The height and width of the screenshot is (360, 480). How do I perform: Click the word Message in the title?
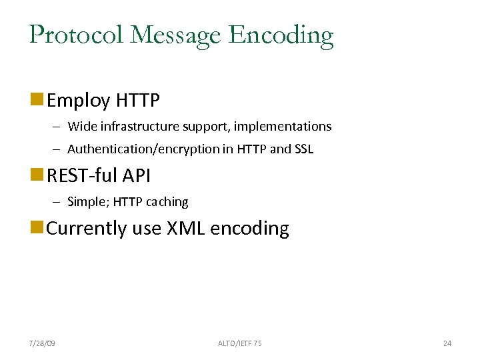coord(174,35)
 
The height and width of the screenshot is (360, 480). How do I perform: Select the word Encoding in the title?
coord(281,35)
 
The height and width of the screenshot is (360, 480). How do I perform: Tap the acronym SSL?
coord(303,149)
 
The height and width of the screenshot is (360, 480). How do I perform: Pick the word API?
coord(137,176)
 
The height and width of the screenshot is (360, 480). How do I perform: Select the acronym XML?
coord(185,228)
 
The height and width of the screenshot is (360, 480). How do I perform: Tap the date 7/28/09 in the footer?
coord(42,343)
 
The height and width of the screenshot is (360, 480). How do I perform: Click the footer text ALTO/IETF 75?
coord(239,343)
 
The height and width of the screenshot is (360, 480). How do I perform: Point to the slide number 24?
coord(447,343)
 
